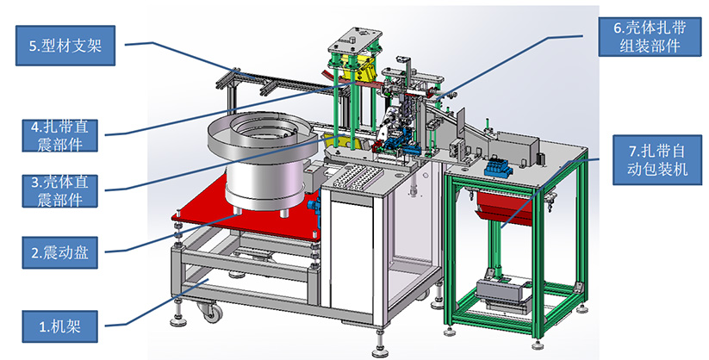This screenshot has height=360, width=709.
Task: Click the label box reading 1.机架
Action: [x=59, y=326]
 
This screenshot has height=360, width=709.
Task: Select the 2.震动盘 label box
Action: [x=59, y=252]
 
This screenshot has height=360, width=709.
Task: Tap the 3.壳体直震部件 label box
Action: [x=59, y=191]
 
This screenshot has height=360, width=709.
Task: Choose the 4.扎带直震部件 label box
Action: [x=59, y=135]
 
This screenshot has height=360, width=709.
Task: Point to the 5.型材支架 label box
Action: [x=65, y=46]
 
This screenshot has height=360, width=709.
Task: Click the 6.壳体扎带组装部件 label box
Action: [x=650, y=37]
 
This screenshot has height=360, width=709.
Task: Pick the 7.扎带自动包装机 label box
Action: [x=657, y=160]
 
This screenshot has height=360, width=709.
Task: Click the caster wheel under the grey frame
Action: [x=211, y=312]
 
